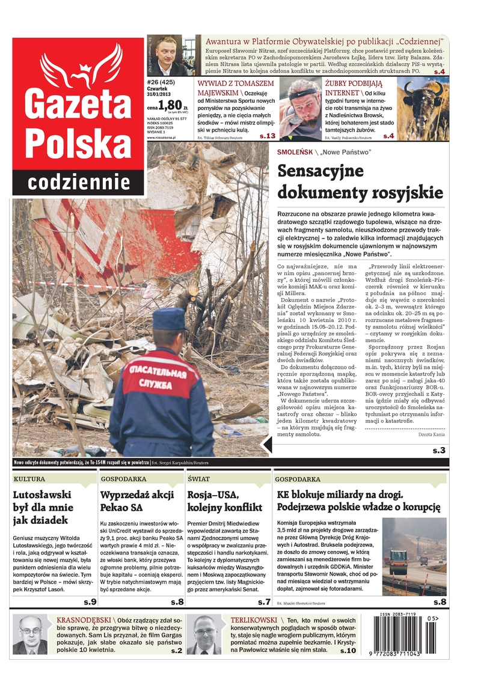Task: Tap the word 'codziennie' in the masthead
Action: [x=79, y=182]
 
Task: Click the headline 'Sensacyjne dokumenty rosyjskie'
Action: [x=360, y=181]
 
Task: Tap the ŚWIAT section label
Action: [x=198, y=479]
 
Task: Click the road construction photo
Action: [x=414, y=556]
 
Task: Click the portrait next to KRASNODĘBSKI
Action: [x=30, y=634]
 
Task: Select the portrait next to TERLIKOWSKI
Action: [x=204, y=634]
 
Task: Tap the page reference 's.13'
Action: [x=267, y=136]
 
